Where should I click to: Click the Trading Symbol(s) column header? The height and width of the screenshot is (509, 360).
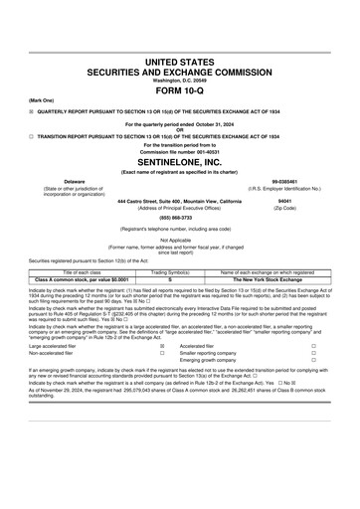click(x=171, y=271)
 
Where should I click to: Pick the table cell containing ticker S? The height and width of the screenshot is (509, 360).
click(x=171, y=278)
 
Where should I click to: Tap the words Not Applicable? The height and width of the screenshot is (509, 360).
click(x=179, y=240)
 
